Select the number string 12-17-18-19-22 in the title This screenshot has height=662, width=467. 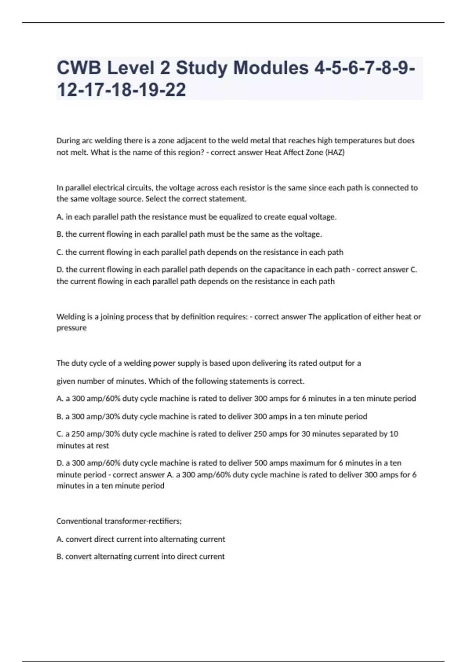click(x=121, y=90)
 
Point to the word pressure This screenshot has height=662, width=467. click(x=72, y=328)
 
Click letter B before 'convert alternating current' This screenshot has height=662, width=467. click(x=60, y=556)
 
